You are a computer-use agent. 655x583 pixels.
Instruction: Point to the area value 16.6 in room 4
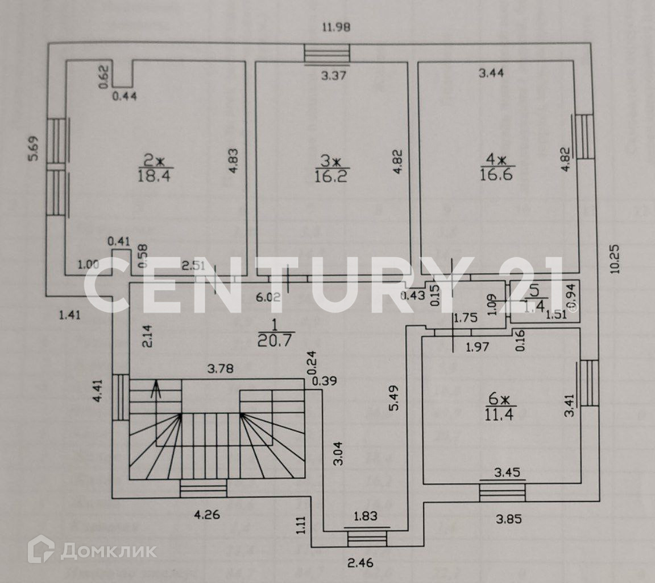point(496,174)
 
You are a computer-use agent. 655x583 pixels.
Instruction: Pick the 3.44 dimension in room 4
point(492,72)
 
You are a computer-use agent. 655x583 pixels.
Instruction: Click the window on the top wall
point(327,54)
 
